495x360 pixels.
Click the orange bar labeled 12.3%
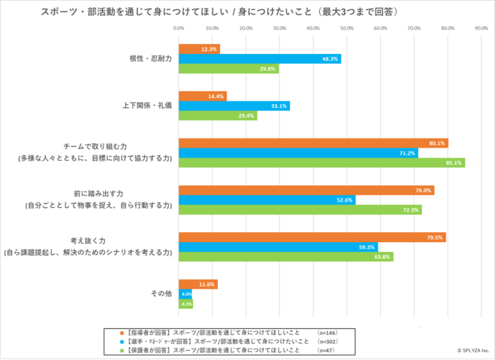[x=200, y=49]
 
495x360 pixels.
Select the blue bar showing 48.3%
[x=260, y=59]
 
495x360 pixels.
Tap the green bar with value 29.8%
[x=228, y=68]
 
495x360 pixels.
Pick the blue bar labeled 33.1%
[x=234, y=106]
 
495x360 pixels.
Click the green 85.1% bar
[x=321, y=162]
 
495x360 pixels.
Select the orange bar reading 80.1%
[x=313, y=143]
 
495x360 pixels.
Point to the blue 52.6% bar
[x=267, y=200]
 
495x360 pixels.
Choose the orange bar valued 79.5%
[x=312, y=237]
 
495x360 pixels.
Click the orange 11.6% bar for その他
[x=198, y=284]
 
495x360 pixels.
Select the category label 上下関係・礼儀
[x=148, y=106]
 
